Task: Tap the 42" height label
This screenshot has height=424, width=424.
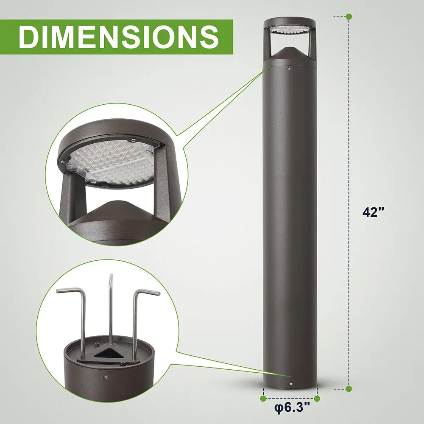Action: click(x=373, y=212)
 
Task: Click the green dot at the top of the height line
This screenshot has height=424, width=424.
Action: click(x=349, y=17)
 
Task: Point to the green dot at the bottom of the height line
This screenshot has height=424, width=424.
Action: click(x=349, y=388)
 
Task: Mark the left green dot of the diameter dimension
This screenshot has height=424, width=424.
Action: click(x=263, y=399)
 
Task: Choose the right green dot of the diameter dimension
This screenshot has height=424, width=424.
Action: click(x=317, y=399)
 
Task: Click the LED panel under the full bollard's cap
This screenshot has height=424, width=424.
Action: click(x=290, y=30)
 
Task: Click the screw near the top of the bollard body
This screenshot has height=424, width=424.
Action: click(x=290, y=68)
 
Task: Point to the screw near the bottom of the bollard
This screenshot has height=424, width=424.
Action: click(x=291, y=384)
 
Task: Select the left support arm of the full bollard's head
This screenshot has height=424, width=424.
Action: click(x=268, y=45)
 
